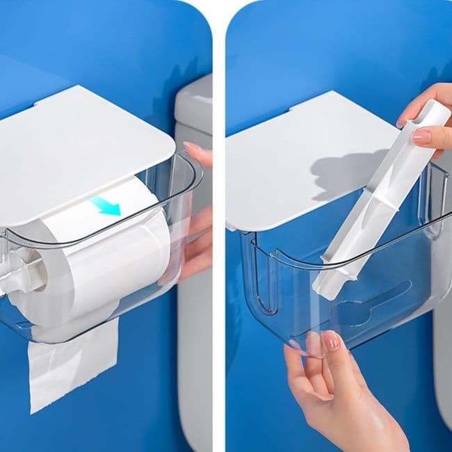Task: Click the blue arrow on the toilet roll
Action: (105, 204)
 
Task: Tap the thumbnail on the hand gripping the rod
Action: (421, 136)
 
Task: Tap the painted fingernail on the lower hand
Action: (332, 341)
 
